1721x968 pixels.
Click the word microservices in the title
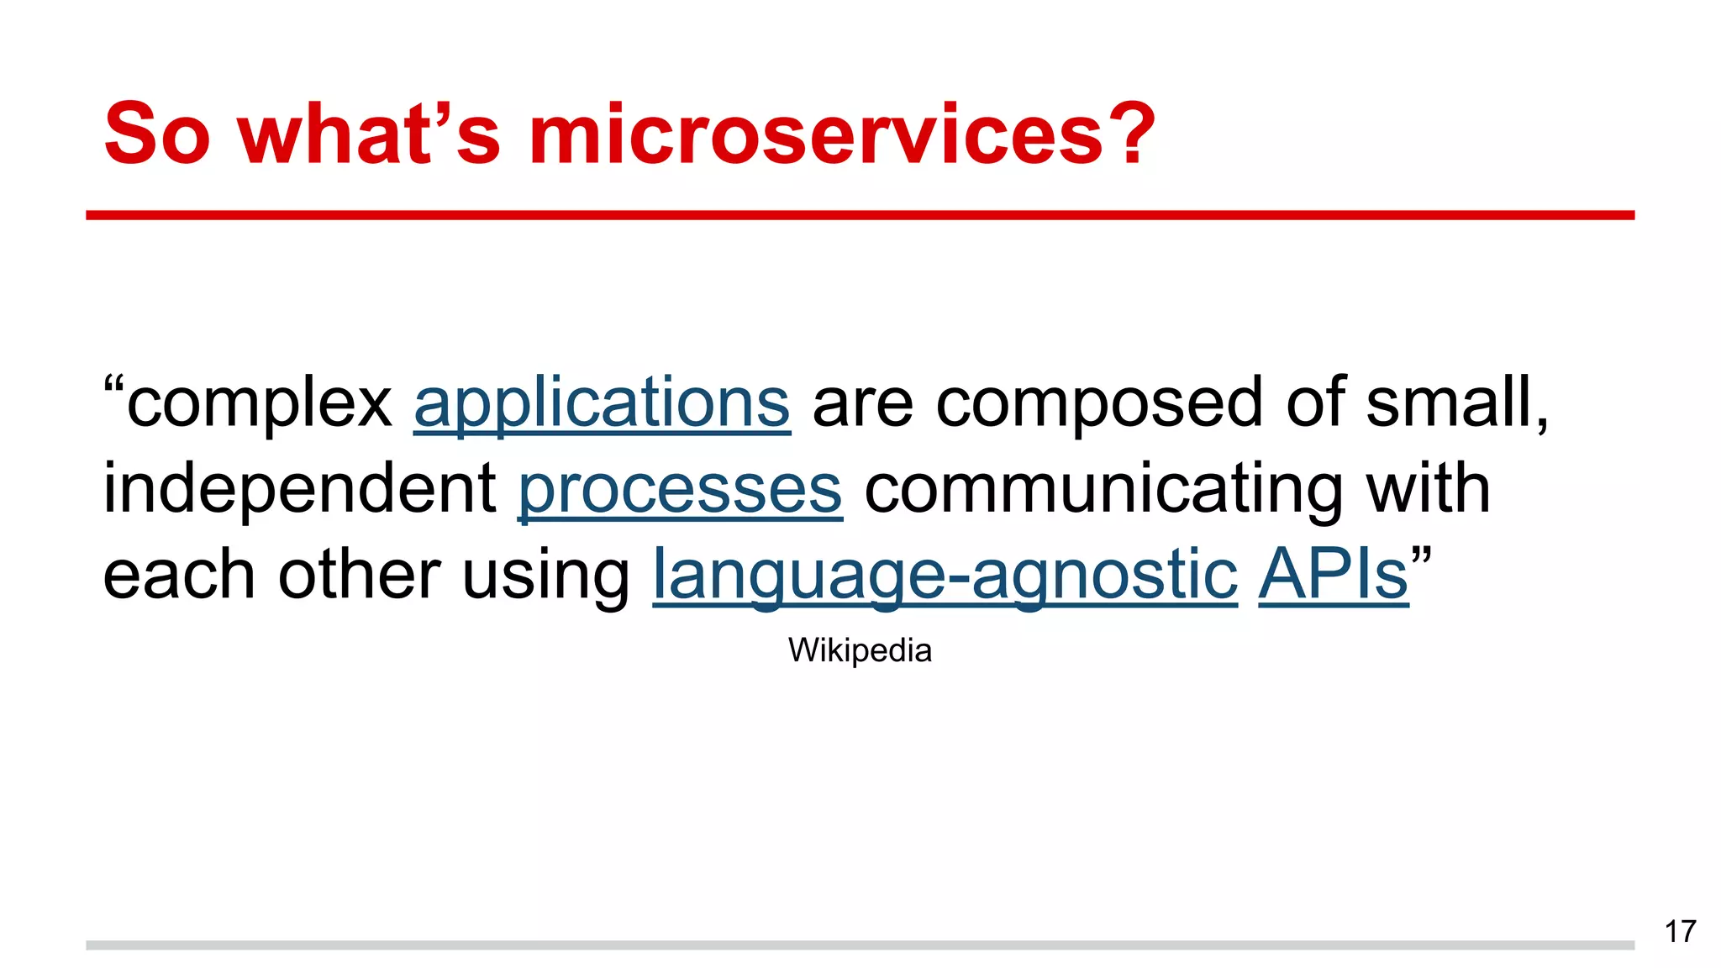(x=815, y=134)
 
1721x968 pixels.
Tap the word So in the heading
(x=157, y=134)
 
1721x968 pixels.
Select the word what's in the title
(x=370, y=134)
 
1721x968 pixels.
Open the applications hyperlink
(x=602, y=403)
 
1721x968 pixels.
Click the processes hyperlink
(x=680, y=490)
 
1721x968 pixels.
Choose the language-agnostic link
(x=945, y=576)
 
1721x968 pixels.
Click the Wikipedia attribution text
(x=860, y=650)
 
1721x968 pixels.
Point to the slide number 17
(x=1680, y=932)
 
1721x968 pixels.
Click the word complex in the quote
(x=259, y=403)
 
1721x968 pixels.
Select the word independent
(x=299, y=490)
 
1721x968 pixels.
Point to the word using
(x=545, y=576)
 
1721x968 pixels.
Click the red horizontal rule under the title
(x=860, y=216)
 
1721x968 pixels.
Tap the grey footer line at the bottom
(x=860, y=945)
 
